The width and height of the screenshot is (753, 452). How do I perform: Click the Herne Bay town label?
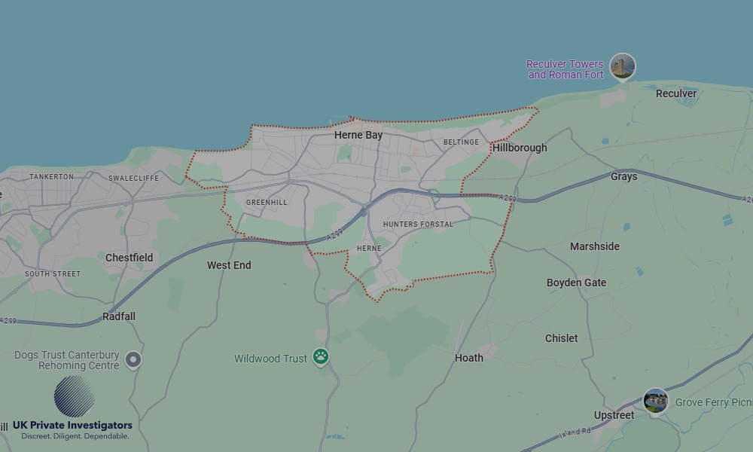click(x=358, y=136)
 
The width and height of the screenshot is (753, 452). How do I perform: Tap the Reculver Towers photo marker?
click(x=623, y=66)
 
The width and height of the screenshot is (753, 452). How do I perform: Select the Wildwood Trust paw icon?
click(x=321, y=357)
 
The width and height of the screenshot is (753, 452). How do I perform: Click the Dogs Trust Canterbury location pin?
click(x=133, y=360)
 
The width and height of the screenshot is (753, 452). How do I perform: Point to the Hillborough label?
click(x=520, y=148)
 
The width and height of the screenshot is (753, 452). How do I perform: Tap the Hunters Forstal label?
click(x=418, y=224)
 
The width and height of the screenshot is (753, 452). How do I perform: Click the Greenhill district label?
click(x=267, y=203)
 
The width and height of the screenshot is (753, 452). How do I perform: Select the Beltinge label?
click(x=461, y=142)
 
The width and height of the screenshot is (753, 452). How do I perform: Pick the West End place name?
click(x=229, y=265)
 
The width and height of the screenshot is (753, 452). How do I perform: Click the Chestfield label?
click(x=129, y=258)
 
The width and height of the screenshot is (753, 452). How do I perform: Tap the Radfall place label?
click(x=119, y=316)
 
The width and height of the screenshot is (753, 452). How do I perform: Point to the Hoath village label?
click(x=469, y=358)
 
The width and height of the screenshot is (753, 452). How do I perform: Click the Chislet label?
click(x=562, y=338)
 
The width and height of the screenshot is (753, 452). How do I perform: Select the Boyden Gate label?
click(x=576, y=282)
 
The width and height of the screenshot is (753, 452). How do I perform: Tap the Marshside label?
click(x=595, y=246)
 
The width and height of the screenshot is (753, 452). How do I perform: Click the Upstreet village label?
click(x=614, y=415)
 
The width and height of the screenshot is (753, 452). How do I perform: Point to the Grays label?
click(x=623, y=176)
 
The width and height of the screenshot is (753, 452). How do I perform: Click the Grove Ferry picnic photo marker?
click(x=656, y=401)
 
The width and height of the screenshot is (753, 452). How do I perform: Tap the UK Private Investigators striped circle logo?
click(x=74, y=396)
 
